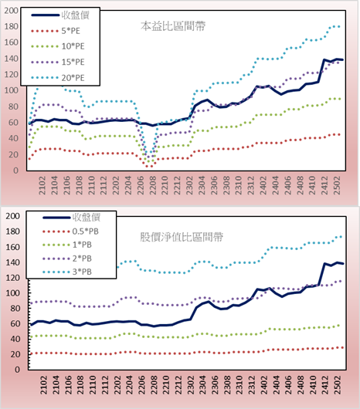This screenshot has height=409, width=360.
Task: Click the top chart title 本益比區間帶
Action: coord(173,26)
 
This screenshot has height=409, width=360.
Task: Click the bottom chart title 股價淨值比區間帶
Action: coord(182,237)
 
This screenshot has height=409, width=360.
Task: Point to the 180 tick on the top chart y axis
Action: coord(12,26)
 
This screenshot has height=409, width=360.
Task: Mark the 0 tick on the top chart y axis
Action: coord(16,171)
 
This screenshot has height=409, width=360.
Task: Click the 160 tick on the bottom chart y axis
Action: coord(13,247)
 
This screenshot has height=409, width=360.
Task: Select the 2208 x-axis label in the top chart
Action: coord(152,185)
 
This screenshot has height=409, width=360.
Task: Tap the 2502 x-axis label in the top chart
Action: coord(337,185)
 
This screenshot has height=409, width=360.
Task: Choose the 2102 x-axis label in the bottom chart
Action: coord(43,385)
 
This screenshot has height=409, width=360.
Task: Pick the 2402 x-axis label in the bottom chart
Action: coord(263,385)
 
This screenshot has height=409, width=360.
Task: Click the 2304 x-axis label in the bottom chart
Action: coord(202,385)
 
